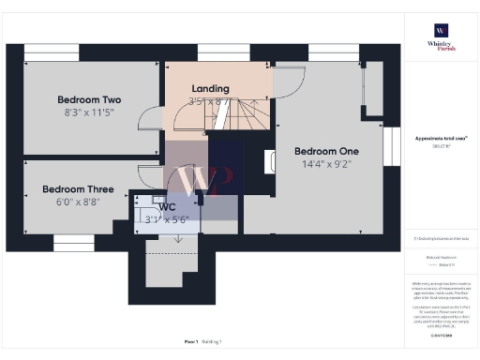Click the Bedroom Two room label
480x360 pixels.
(89, 99)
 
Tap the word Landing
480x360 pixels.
(210, 88)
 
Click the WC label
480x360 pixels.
(167, 207)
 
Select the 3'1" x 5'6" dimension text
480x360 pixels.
(166, 220)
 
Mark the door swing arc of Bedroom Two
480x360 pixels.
(147, 119)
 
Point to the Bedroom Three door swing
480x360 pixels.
(148, 175)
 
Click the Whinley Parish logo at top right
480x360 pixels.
(440, 37)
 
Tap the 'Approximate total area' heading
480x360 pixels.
(441, 138)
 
